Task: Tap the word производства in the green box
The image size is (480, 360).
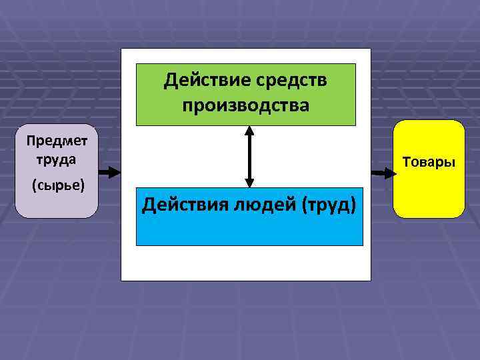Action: pos(246,105)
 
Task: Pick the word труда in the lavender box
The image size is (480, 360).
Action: pos(56,159)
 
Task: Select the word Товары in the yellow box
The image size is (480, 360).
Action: pos(429,162)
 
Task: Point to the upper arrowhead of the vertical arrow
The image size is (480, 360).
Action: pos(249,131)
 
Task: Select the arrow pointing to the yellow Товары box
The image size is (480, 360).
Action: pos(383,173)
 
